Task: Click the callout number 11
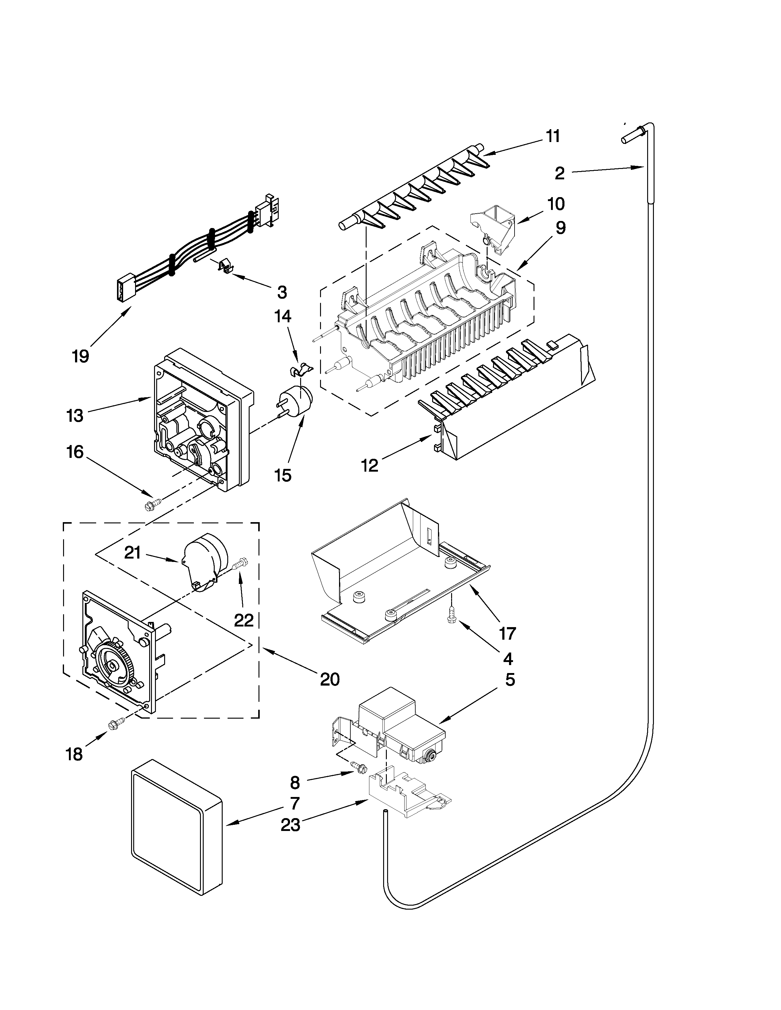click(553, 137)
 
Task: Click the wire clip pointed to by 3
click(224, 265)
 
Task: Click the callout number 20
click(330, 679)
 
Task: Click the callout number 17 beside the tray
click(507, 633)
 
